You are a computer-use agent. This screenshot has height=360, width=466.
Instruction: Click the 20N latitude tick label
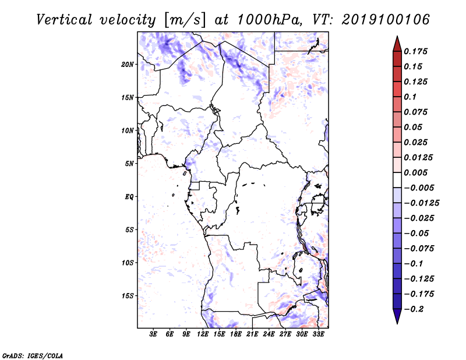(128, 65)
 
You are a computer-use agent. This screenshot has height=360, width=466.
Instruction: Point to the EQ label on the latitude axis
(129, 197)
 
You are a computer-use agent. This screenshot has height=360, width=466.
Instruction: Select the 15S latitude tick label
(128, 296)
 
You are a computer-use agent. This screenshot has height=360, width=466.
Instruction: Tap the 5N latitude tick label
(129, 164)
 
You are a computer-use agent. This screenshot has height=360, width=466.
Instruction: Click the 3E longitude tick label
(153, 334)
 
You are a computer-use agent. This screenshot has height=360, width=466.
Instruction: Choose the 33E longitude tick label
(318, 334)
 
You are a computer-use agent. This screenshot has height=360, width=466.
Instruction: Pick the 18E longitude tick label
(236, 334)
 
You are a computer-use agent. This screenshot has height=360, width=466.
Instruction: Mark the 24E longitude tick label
(269, 334)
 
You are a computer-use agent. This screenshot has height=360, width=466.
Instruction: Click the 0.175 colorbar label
(415, 51)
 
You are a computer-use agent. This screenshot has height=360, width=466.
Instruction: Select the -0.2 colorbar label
(414, 309)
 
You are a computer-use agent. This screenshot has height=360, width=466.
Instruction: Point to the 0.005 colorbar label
(415, 172)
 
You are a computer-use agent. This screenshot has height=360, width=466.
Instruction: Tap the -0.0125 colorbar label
(421, 203)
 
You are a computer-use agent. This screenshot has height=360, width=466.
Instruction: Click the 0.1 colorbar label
(410, 97)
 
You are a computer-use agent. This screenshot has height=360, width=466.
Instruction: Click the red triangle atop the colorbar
(397, 44)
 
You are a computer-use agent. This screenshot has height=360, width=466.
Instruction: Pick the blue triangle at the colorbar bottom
(397, 316)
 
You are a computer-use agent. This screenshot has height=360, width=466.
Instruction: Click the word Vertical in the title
(64, 20)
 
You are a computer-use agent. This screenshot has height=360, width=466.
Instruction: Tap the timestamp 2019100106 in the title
(386, 20)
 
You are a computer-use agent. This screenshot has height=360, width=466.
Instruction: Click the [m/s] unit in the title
(185, 20)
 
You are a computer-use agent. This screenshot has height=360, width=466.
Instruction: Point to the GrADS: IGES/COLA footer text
(33, 356)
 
